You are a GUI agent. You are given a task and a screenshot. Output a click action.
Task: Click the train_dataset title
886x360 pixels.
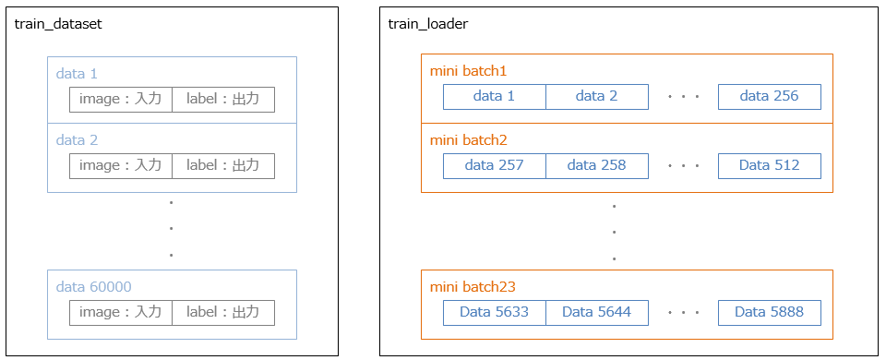[57, 24]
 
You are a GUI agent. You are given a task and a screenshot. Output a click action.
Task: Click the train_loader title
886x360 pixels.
[428, 24]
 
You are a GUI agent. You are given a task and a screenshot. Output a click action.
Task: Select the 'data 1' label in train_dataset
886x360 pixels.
[77, 71]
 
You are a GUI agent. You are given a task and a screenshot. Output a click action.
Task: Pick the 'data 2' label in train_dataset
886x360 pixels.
[77, 140]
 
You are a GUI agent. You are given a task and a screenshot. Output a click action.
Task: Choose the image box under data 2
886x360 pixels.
[121, 166]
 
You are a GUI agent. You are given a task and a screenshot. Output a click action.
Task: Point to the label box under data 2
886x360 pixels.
[223, 166]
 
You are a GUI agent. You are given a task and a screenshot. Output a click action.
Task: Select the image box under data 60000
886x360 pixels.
[121, 313]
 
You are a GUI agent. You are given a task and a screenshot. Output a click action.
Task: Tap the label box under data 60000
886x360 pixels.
[223, 313]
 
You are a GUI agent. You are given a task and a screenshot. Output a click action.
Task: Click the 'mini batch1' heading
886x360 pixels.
[469, 70]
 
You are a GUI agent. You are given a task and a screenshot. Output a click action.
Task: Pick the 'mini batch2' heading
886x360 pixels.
[469, 140]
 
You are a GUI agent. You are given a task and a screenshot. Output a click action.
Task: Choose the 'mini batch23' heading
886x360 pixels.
[473, 286]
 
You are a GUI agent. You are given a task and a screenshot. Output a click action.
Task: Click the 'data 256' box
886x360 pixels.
[769, 96]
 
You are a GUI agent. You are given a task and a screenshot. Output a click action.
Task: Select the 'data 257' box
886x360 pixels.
[495, 166]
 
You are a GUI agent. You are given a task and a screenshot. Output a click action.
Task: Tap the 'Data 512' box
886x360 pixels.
[769, 166]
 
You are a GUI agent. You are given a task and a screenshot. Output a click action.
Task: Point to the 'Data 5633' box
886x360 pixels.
[495, 312]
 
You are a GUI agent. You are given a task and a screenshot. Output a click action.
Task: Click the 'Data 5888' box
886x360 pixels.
[769, 312]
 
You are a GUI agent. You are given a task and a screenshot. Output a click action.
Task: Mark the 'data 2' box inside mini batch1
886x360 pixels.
[596, 96]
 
